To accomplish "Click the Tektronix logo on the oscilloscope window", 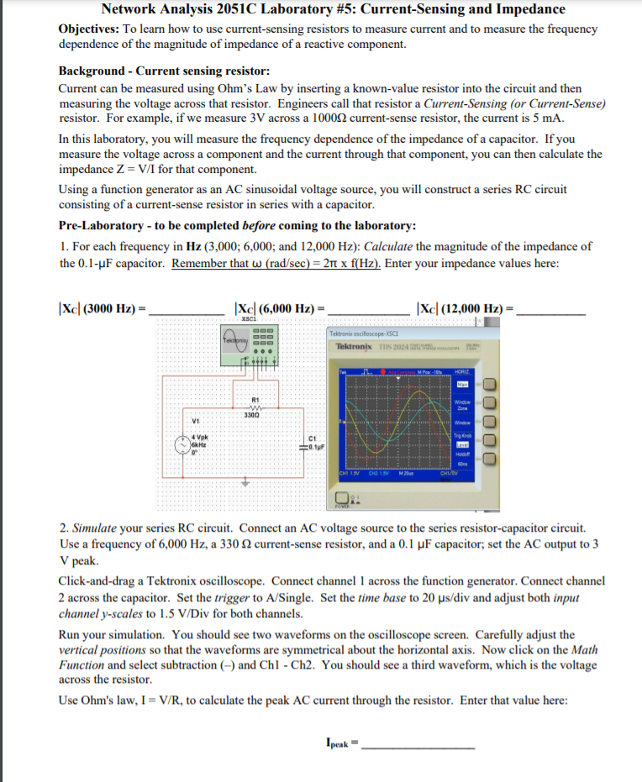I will coord(355,346).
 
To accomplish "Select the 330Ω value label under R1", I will coord(251,414).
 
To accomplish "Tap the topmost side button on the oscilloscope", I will coord(491,385).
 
